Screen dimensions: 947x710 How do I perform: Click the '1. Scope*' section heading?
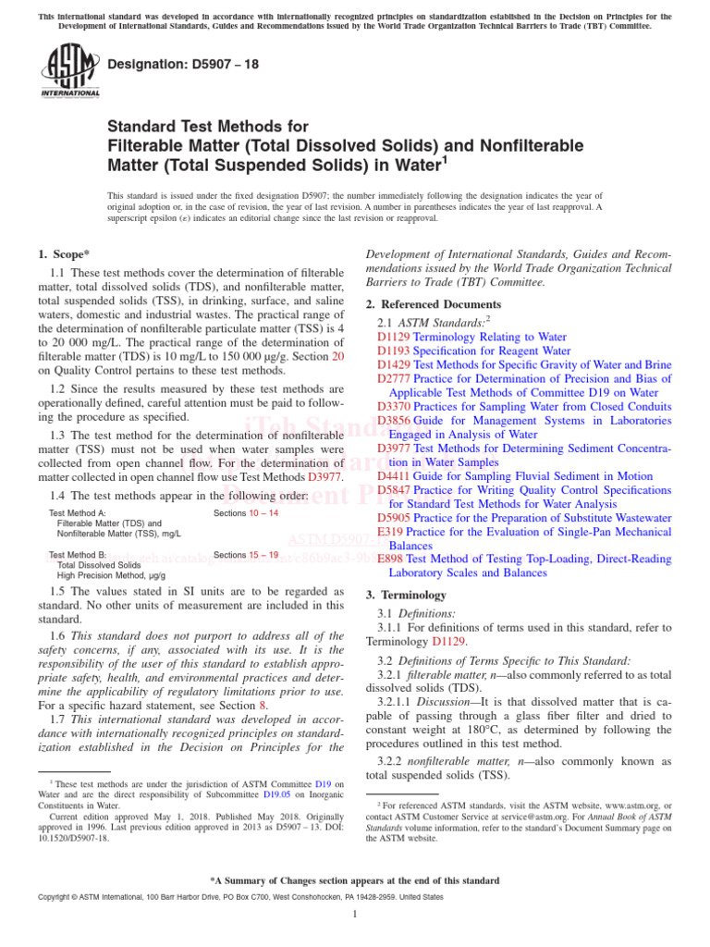(64, 253)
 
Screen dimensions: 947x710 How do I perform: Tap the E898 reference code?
(391, 560)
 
